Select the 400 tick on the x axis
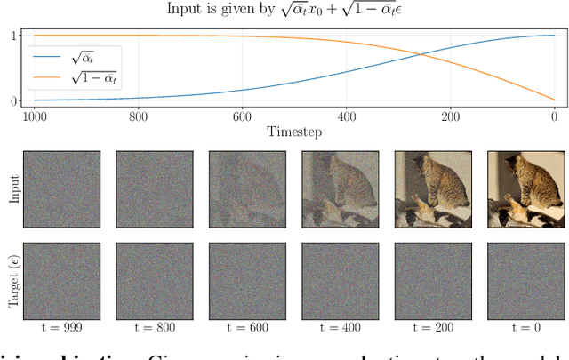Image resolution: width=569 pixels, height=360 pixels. tap(348, 116)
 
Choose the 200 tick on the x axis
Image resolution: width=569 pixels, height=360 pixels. tap(451, 116)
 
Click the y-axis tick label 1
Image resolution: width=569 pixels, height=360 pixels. tap(14, 36)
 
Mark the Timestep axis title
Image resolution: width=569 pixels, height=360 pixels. tap(295, 131)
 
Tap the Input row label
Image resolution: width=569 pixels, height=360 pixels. tap(13, 189)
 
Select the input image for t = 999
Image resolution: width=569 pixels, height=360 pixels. tap(62, 189)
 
